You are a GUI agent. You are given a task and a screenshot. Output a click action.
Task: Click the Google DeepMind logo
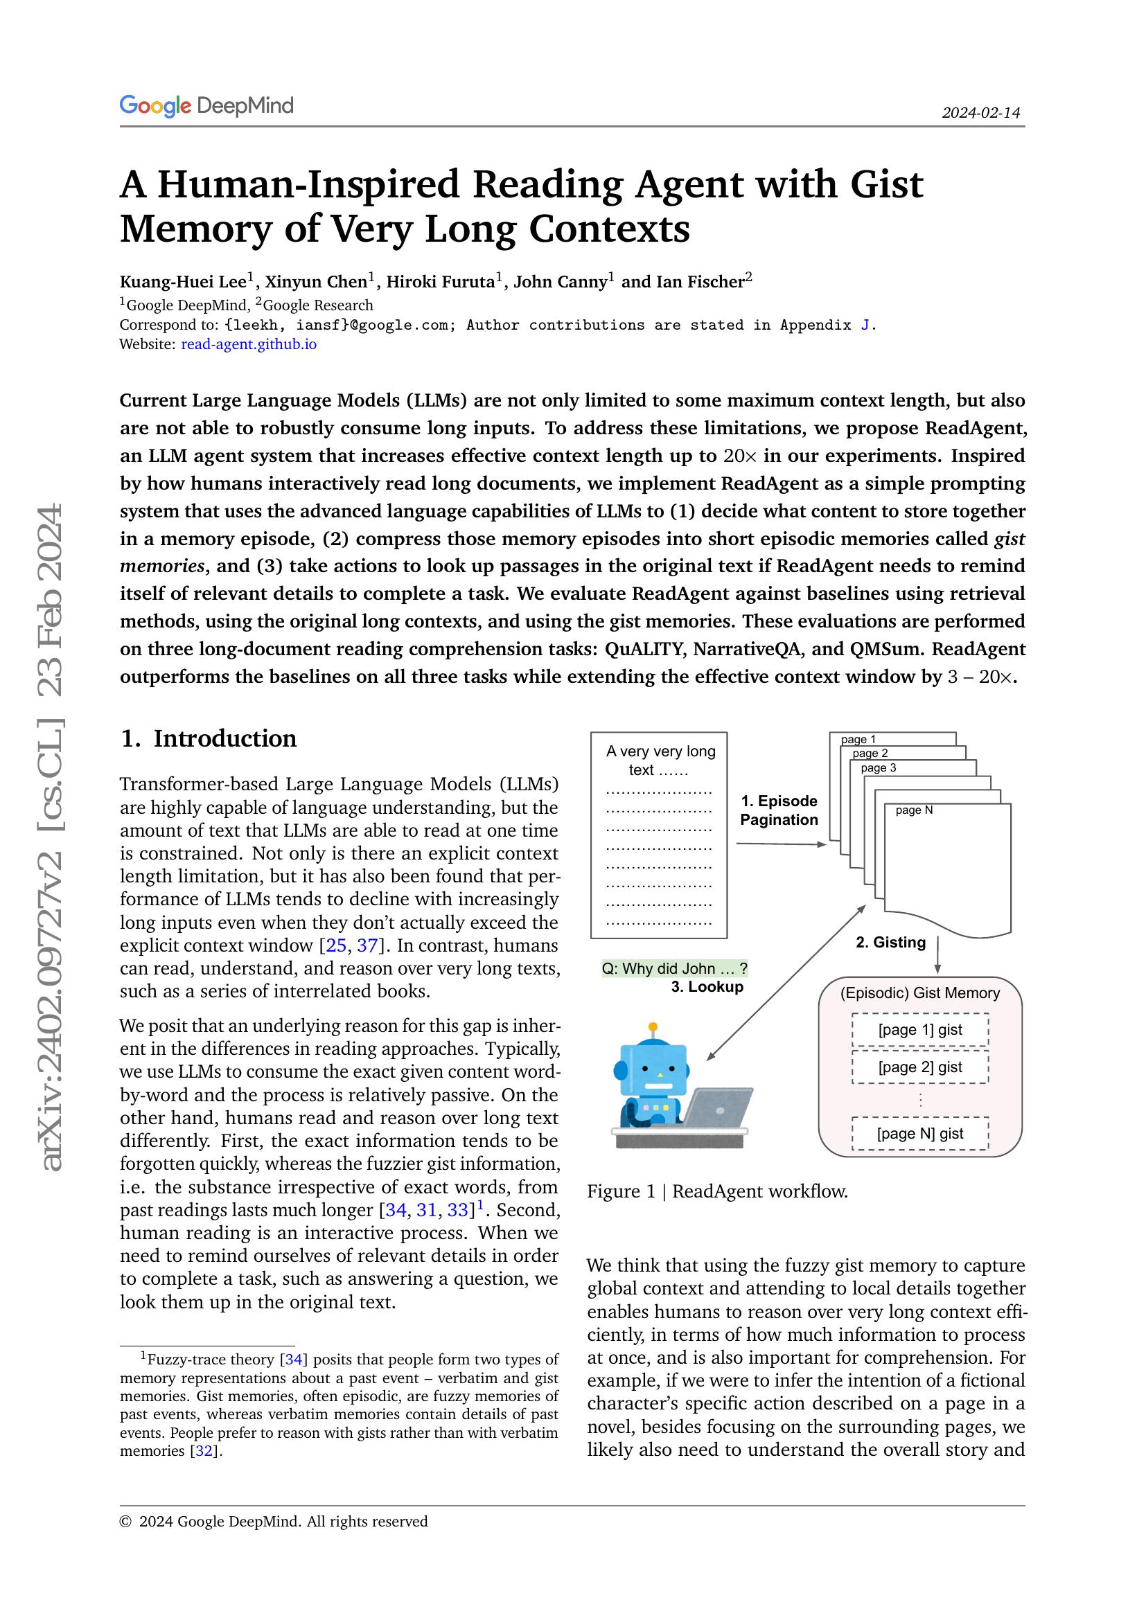coord(206,106)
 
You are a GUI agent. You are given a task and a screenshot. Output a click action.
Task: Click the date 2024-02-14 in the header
coord(980,113)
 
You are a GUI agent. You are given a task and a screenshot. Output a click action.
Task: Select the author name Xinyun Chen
coord(315,282)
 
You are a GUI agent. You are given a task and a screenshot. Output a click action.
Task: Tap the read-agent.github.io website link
coord(249,344)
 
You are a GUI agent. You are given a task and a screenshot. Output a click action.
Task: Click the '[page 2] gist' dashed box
coord(919,1067)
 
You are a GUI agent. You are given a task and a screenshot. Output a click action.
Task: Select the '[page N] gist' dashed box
coord(919,1133)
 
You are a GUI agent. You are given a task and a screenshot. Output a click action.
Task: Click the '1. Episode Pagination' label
coord(778,810)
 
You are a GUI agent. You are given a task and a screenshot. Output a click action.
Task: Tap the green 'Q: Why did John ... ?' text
coord(674,968)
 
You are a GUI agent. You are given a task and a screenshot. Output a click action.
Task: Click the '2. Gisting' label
coord(890,942)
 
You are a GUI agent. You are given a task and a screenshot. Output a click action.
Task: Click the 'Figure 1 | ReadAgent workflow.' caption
coord(717,1191)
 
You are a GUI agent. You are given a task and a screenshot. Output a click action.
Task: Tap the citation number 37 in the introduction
coord(367,945)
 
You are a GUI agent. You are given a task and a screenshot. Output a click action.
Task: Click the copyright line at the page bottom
coord(274,1521)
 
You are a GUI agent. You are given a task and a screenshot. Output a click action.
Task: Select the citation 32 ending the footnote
coord(204,1451)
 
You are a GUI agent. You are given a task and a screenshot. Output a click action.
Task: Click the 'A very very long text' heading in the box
coord(660,760)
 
